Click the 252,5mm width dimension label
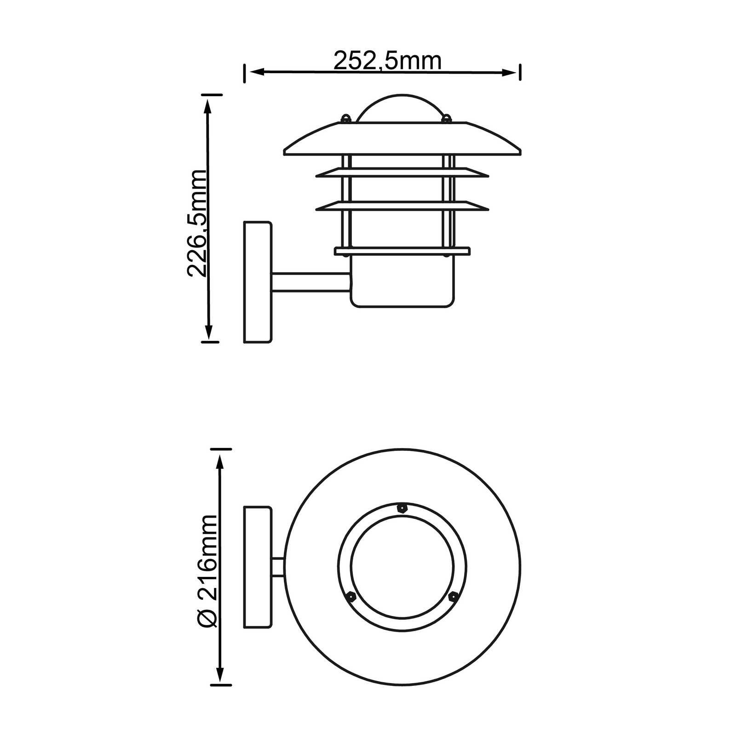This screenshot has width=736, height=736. pos(387,61)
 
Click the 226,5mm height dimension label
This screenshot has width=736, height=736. pos(197,223)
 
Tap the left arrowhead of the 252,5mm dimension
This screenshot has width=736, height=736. pos(256,72)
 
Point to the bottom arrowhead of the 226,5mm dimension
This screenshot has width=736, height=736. pos(209,332)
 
